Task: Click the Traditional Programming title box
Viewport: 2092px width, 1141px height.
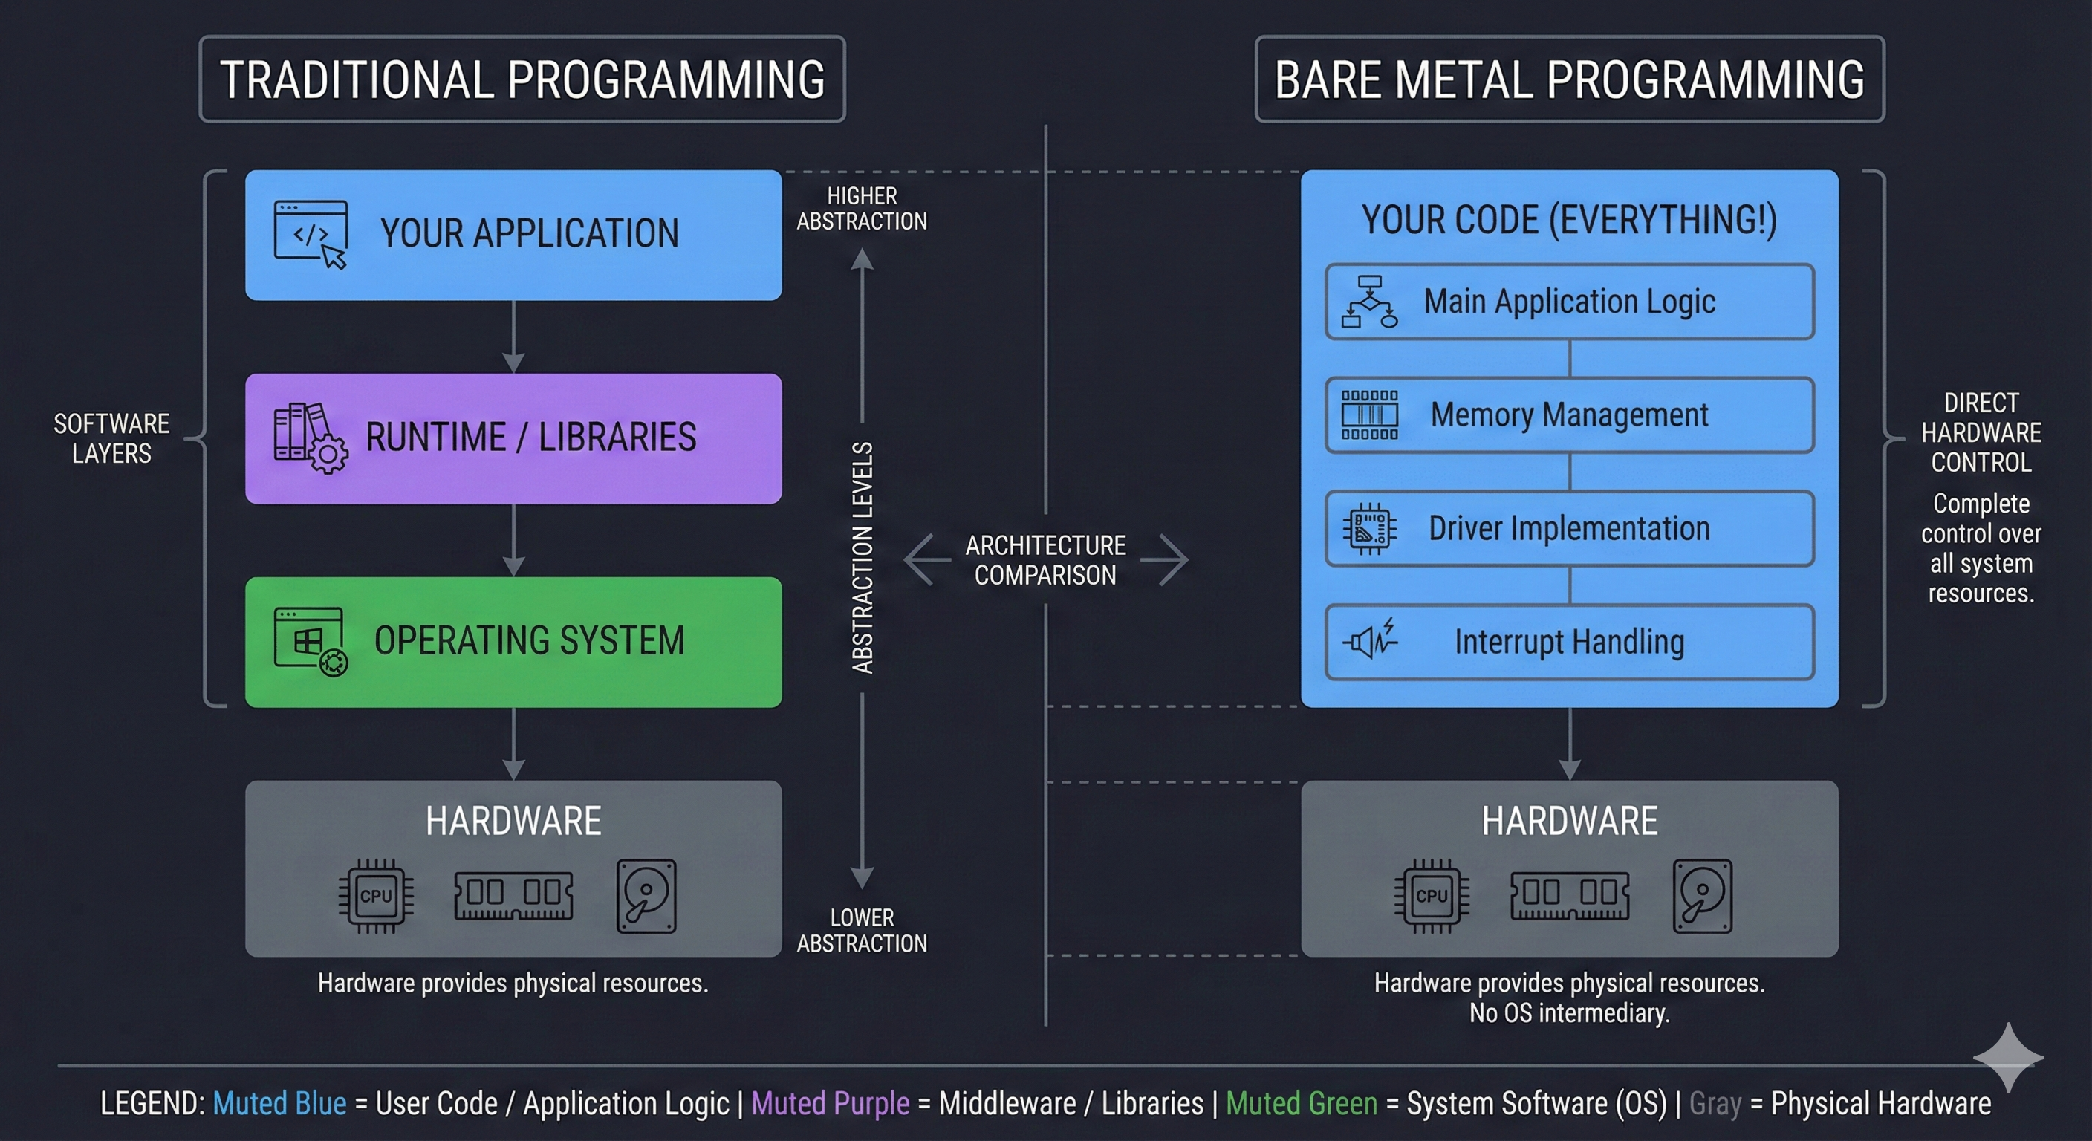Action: [522, 79]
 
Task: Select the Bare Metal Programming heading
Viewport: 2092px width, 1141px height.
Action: [1569, 79]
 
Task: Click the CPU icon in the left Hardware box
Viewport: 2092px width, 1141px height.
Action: [376, 895]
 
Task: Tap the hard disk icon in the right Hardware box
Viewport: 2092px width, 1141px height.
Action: [1702, 895]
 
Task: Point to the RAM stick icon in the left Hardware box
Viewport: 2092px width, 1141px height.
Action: [513, 895]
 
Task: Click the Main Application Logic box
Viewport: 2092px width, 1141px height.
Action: [1569, 302]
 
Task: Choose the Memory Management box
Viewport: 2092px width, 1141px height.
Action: [1569, 415]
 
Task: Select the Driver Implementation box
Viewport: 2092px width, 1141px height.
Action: [1569, 529]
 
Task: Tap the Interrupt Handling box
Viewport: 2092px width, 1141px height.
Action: [1569, 643]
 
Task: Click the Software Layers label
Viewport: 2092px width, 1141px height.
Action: [111, 438]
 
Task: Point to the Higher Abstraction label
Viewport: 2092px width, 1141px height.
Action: [862, 208]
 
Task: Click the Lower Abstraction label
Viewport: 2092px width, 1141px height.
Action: [862, 930]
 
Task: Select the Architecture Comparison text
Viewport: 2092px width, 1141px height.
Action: [1045, 559]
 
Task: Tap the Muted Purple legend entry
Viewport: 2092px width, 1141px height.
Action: [830, 1103]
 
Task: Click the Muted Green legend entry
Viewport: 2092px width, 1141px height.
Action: [1301, 1103]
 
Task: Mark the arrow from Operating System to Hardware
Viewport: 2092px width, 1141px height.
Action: [513, 743]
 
